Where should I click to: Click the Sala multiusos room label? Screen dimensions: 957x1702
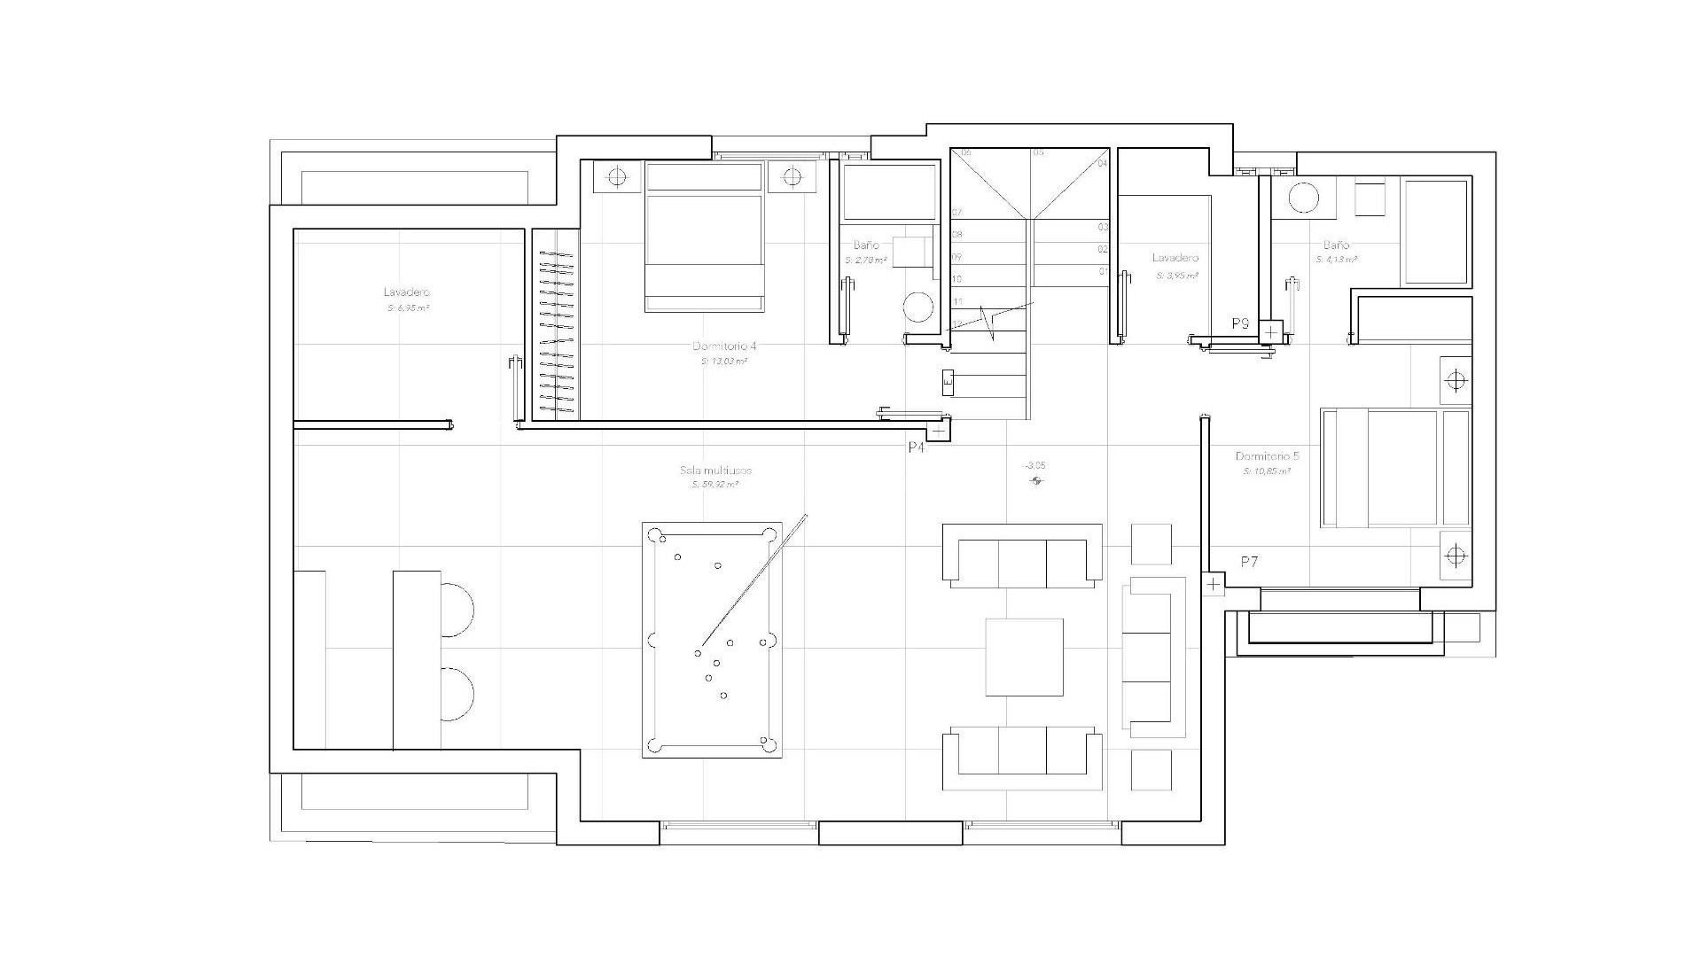(x=715, y=471)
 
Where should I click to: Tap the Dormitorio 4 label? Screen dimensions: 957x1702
(x=724, y=346)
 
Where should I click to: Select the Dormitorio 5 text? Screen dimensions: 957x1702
(x=1267, y=456)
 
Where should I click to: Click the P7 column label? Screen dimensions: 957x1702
(x=1249, y=562)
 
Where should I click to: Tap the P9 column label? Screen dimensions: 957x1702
(x=1240, y=324)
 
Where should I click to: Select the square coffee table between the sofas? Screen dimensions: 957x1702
(x=1025, y=657)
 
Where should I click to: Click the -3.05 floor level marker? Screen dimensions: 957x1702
(x=1034, y=465)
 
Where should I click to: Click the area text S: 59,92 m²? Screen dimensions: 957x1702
(x=715, y=486)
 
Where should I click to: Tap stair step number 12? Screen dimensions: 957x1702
(x=957, y=323)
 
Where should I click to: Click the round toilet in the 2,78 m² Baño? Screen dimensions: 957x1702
(x=918, y=309)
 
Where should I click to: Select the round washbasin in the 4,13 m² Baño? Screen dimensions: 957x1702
(x=1303, y=198)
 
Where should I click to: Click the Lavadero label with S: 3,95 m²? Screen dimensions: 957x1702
(x=1175, y=258)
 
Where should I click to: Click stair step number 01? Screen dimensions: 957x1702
(x=1104, y=271)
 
